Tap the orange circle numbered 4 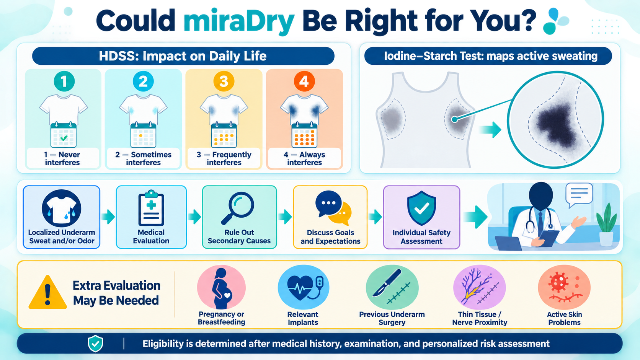[304, 81]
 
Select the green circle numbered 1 [64, 81]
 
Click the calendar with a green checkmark [64, 135]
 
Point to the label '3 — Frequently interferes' [224, 158]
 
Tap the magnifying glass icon [238, 208]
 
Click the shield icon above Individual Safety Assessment [421, 209]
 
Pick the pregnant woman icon [221, 288]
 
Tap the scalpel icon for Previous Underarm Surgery [387, 283]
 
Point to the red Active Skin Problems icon [564, 287]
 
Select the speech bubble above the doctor [579, 195]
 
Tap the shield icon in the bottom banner [95, 344]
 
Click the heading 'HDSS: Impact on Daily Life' [183, 56]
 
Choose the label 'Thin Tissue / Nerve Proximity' [480, 318]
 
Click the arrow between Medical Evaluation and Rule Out [194, 217]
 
